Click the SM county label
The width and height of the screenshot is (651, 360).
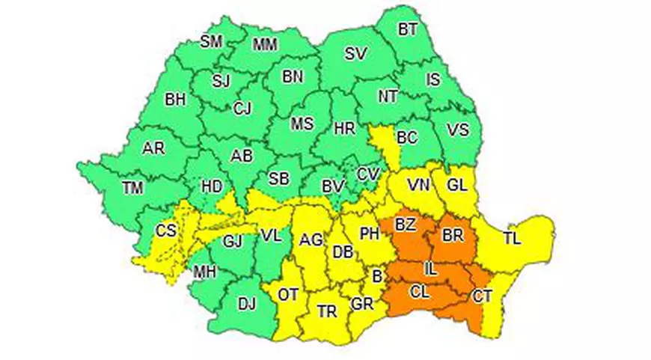(x=211, y=42)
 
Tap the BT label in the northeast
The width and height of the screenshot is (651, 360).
(x=408, y=29)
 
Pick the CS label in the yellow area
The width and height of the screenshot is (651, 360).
(x=166, y=231)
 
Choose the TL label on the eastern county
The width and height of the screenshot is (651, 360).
(x=512, y=240)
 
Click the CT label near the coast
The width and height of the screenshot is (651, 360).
(x=483, y=296)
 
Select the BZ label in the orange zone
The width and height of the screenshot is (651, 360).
(x=406, y=225)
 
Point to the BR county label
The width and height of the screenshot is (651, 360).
(x=453, y=235)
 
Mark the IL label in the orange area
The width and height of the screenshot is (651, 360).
(x=430, y=267)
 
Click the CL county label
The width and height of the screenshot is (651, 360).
(x=421, y=293)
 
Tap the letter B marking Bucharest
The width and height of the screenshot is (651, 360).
(x=378, y=276)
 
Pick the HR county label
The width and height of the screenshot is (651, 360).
(x=344, y=128)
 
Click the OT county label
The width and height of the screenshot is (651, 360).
(x=289, y=294)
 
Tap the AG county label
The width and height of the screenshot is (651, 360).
(x=311, y=240)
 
